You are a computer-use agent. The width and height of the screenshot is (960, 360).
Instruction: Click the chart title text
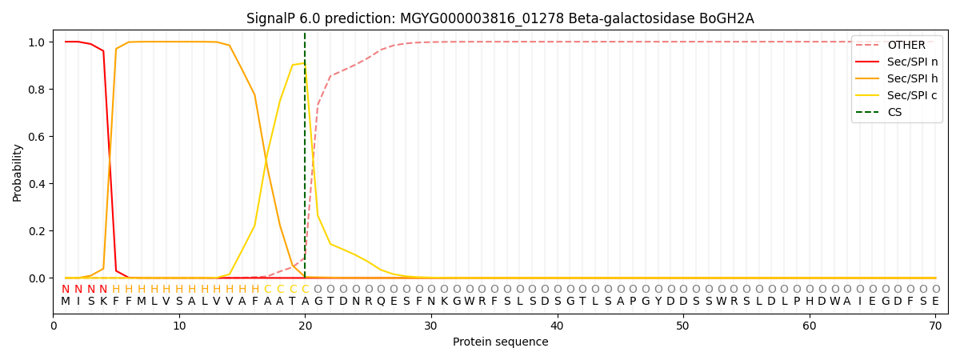(x=500, y=18)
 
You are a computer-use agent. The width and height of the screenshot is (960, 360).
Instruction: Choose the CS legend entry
(x=894, y=112)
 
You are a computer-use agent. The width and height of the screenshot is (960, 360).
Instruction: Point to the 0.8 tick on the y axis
(x=38, y=89)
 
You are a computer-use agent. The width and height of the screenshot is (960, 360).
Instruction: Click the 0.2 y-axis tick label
(x=38, y=231)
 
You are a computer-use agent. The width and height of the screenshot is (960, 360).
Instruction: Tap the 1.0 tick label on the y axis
(x=38, y=42)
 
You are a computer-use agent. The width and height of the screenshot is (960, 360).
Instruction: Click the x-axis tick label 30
(x=431, y=326)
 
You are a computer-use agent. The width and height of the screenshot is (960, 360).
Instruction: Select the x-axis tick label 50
(x=682, y=326)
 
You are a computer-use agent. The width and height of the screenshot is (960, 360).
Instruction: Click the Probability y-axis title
(x=18, y=172)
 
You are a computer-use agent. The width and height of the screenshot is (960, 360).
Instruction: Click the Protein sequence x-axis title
(x=500, y=342)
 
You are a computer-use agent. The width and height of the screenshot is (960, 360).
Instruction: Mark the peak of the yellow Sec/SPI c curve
(x=304, y=63)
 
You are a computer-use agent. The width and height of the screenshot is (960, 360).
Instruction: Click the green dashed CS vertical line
(x=305, y=160)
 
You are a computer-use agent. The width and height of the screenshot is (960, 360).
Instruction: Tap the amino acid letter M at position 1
(x=66, y=302)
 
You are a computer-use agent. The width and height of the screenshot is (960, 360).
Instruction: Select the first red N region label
(x=66, y=289)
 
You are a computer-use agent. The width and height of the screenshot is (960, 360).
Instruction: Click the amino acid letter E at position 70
(x=935, y=302)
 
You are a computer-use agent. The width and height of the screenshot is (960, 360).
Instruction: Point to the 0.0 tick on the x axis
(x=54, y=326)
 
